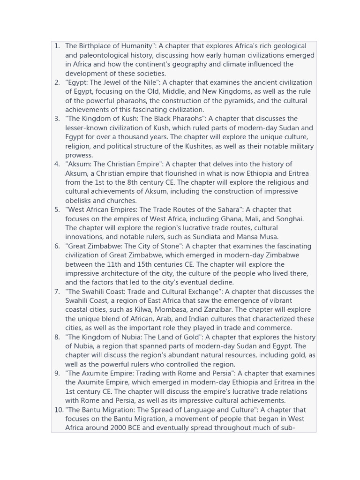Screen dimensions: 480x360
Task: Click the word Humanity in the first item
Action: (135, 46)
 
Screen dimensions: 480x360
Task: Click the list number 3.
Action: (57, 119)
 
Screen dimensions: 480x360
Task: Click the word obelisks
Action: (80, 201)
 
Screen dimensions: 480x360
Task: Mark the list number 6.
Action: (57, 246)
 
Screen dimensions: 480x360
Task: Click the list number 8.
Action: (57, 337)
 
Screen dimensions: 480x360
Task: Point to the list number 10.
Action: (59, 410)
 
